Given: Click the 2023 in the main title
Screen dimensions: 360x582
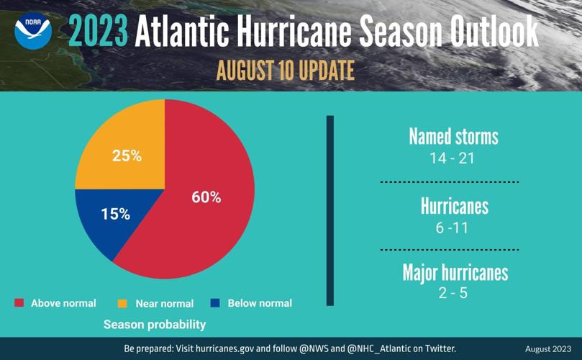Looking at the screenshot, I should [x=99, y=32].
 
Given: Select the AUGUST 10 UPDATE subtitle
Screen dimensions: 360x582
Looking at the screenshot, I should [x=285, y=71].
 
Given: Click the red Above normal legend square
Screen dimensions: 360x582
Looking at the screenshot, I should [x=19, y=303].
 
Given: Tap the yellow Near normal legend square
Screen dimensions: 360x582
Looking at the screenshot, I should [x=122, y=303].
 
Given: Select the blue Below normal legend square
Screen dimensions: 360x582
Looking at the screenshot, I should [x=215, y=303].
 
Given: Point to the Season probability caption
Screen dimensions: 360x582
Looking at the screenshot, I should [x=154, y=325].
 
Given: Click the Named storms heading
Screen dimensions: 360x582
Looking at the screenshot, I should [x=453, y=136].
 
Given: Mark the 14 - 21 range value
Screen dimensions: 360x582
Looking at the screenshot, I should [x=453, y=158].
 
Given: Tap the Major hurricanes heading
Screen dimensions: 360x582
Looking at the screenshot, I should [x=455, y=273].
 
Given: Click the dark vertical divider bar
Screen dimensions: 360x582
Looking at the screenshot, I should [x=330, y=210].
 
